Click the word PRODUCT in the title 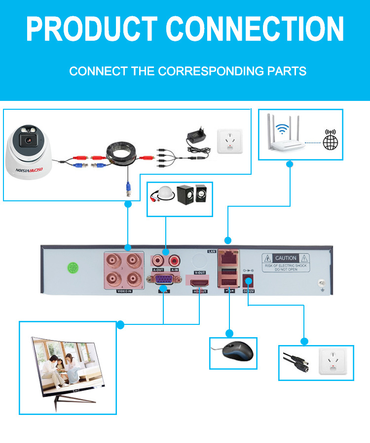pos(92,29)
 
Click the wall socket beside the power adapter pos(230,141)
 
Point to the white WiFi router pos(281,138)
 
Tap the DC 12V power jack pos(249,282)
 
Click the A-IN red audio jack pos(174,259)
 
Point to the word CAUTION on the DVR pos(286,258)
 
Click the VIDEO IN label pos(124,291)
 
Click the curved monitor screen pos(69,364)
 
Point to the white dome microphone pos(162,194)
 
